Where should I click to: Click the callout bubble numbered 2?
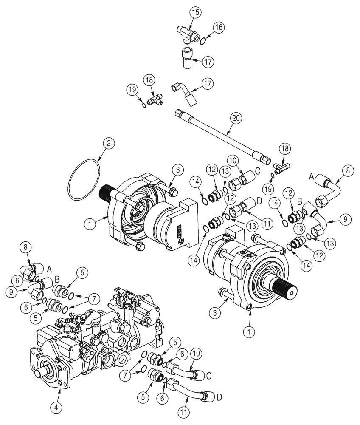pos(108,143)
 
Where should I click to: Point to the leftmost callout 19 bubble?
pos(132,89)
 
